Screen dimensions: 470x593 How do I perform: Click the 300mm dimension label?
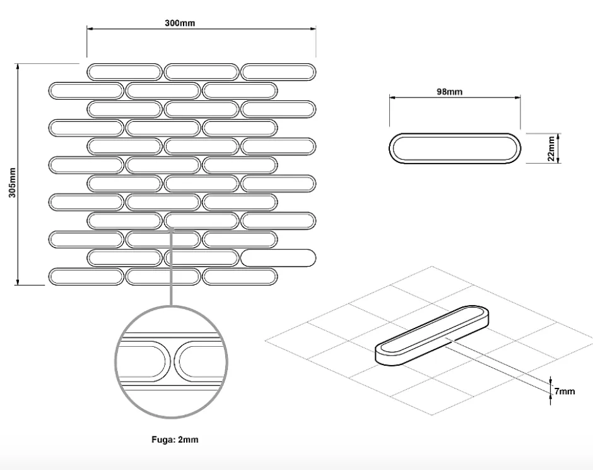coord(180,23)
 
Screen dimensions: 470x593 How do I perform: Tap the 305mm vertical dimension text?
coord(12,183)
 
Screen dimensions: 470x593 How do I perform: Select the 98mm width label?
coord(449,92)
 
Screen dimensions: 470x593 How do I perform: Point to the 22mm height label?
coord(551,148)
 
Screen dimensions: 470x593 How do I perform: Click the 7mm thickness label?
coord(565,391)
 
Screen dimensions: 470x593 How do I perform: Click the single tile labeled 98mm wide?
coord(454,148)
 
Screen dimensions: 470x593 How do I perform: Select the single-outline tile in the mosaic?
coord(278,257)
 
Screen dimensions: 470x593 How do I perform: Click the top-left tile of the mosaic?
coord(124,71)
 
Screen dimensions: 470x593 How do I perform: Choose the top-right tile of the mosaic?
coord(278,71)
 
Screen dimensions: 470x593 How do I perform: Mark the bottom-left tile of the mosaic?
coord(86,276)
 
